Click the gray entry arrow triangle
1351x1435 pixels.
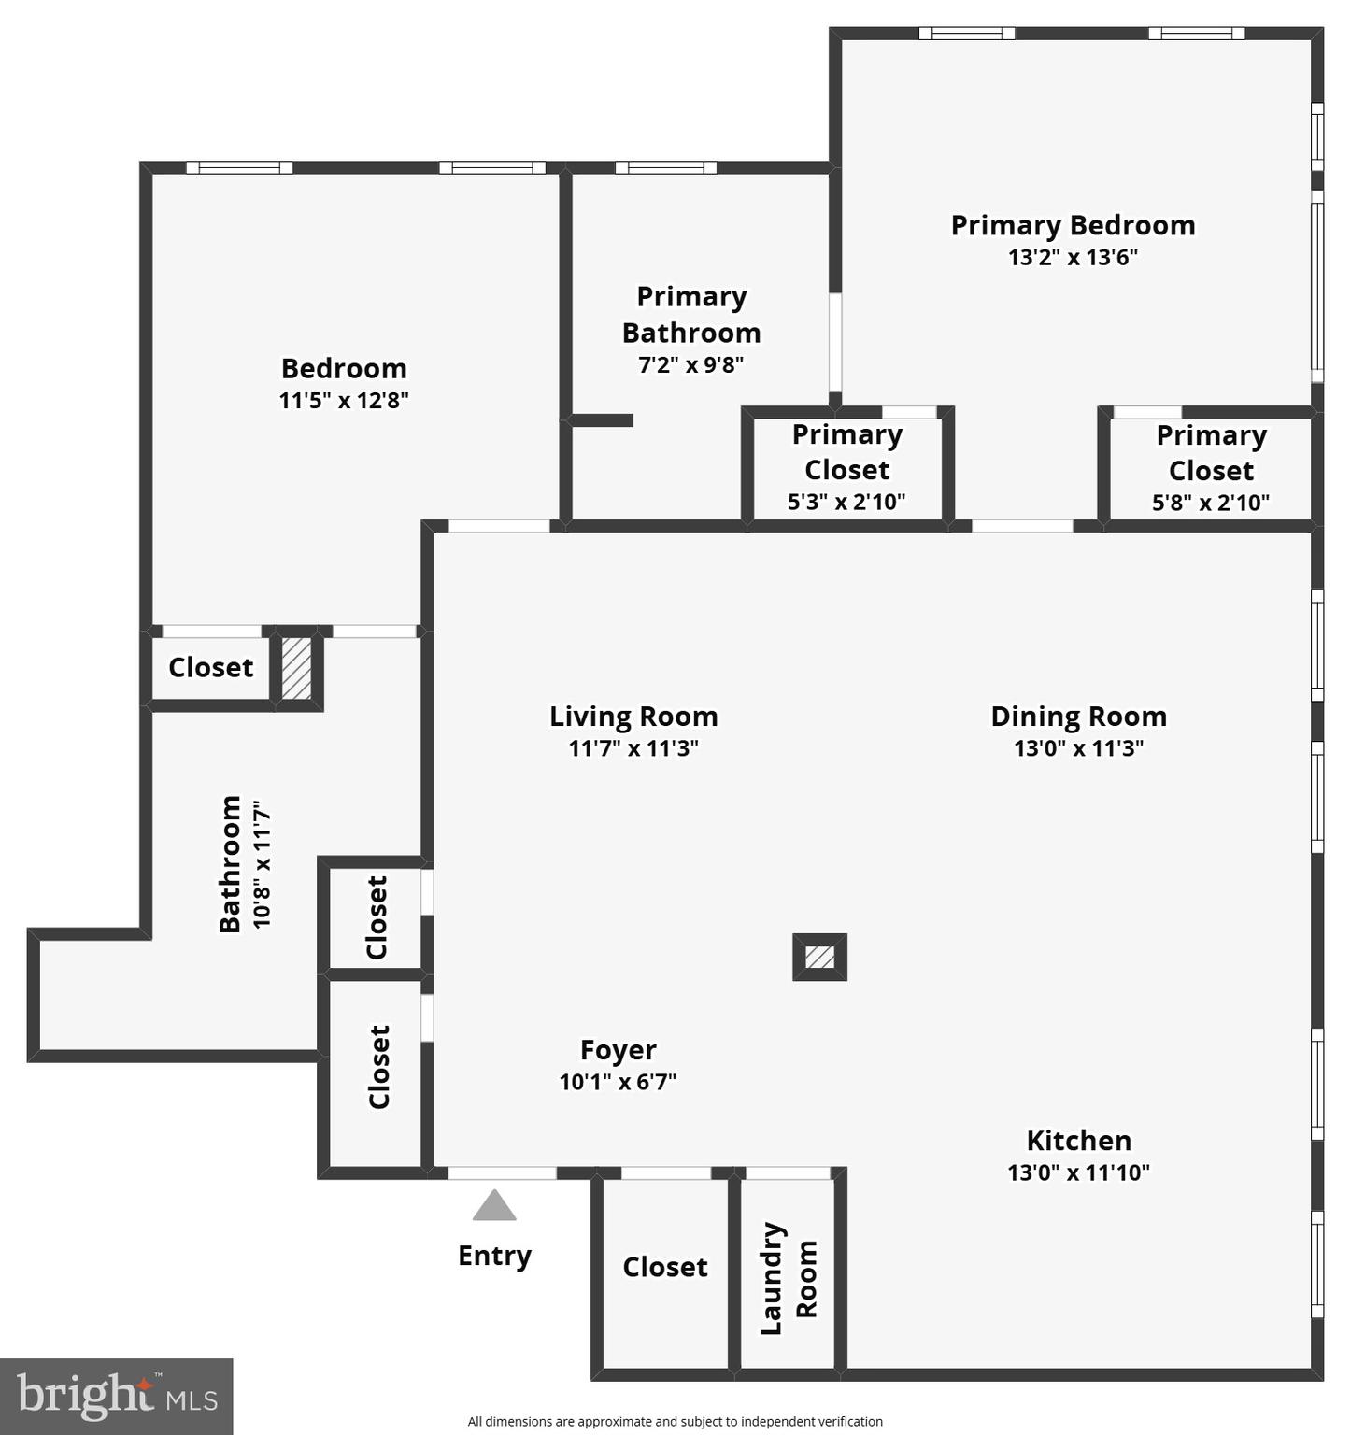[494, 1206]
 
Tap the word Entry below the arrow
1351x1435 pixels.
[494, 1256]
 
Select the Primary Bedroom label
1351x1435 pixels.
[1073, 225]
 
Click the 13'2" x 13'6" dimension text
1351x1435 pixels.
[1073, 257]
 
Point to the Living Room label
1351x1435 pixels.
[633, 717]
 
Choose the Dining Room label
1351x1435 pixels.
[1078, 717]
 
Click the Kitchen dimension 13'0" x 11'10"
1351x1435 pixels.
[1078, 1172]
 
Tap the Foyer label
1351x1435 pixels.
[618, 1050]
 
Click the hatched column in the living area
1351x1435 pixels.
[819, 957]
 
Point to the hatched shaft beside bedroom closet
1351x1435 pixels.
[296, 667]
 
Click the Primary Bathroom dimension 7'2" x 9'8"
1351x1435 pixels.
[690, 364]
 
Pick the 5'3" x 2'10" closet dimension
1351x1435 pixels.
[846, 502]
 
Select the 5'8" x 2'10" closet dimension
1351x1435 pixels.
[1210, 503]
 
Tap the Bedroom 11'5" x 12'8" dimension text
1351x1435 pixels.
[344, 400]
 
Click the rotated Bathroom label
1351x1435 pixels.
[231, 864]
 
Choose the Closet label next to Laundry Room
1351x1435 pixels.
[664, 1267]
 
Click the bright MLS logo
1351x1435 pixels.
[116, 1397]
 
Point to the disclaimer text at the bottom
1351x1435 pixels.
[675, 1421]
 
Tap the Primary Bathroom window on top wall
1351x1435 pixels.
[665, 168]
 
